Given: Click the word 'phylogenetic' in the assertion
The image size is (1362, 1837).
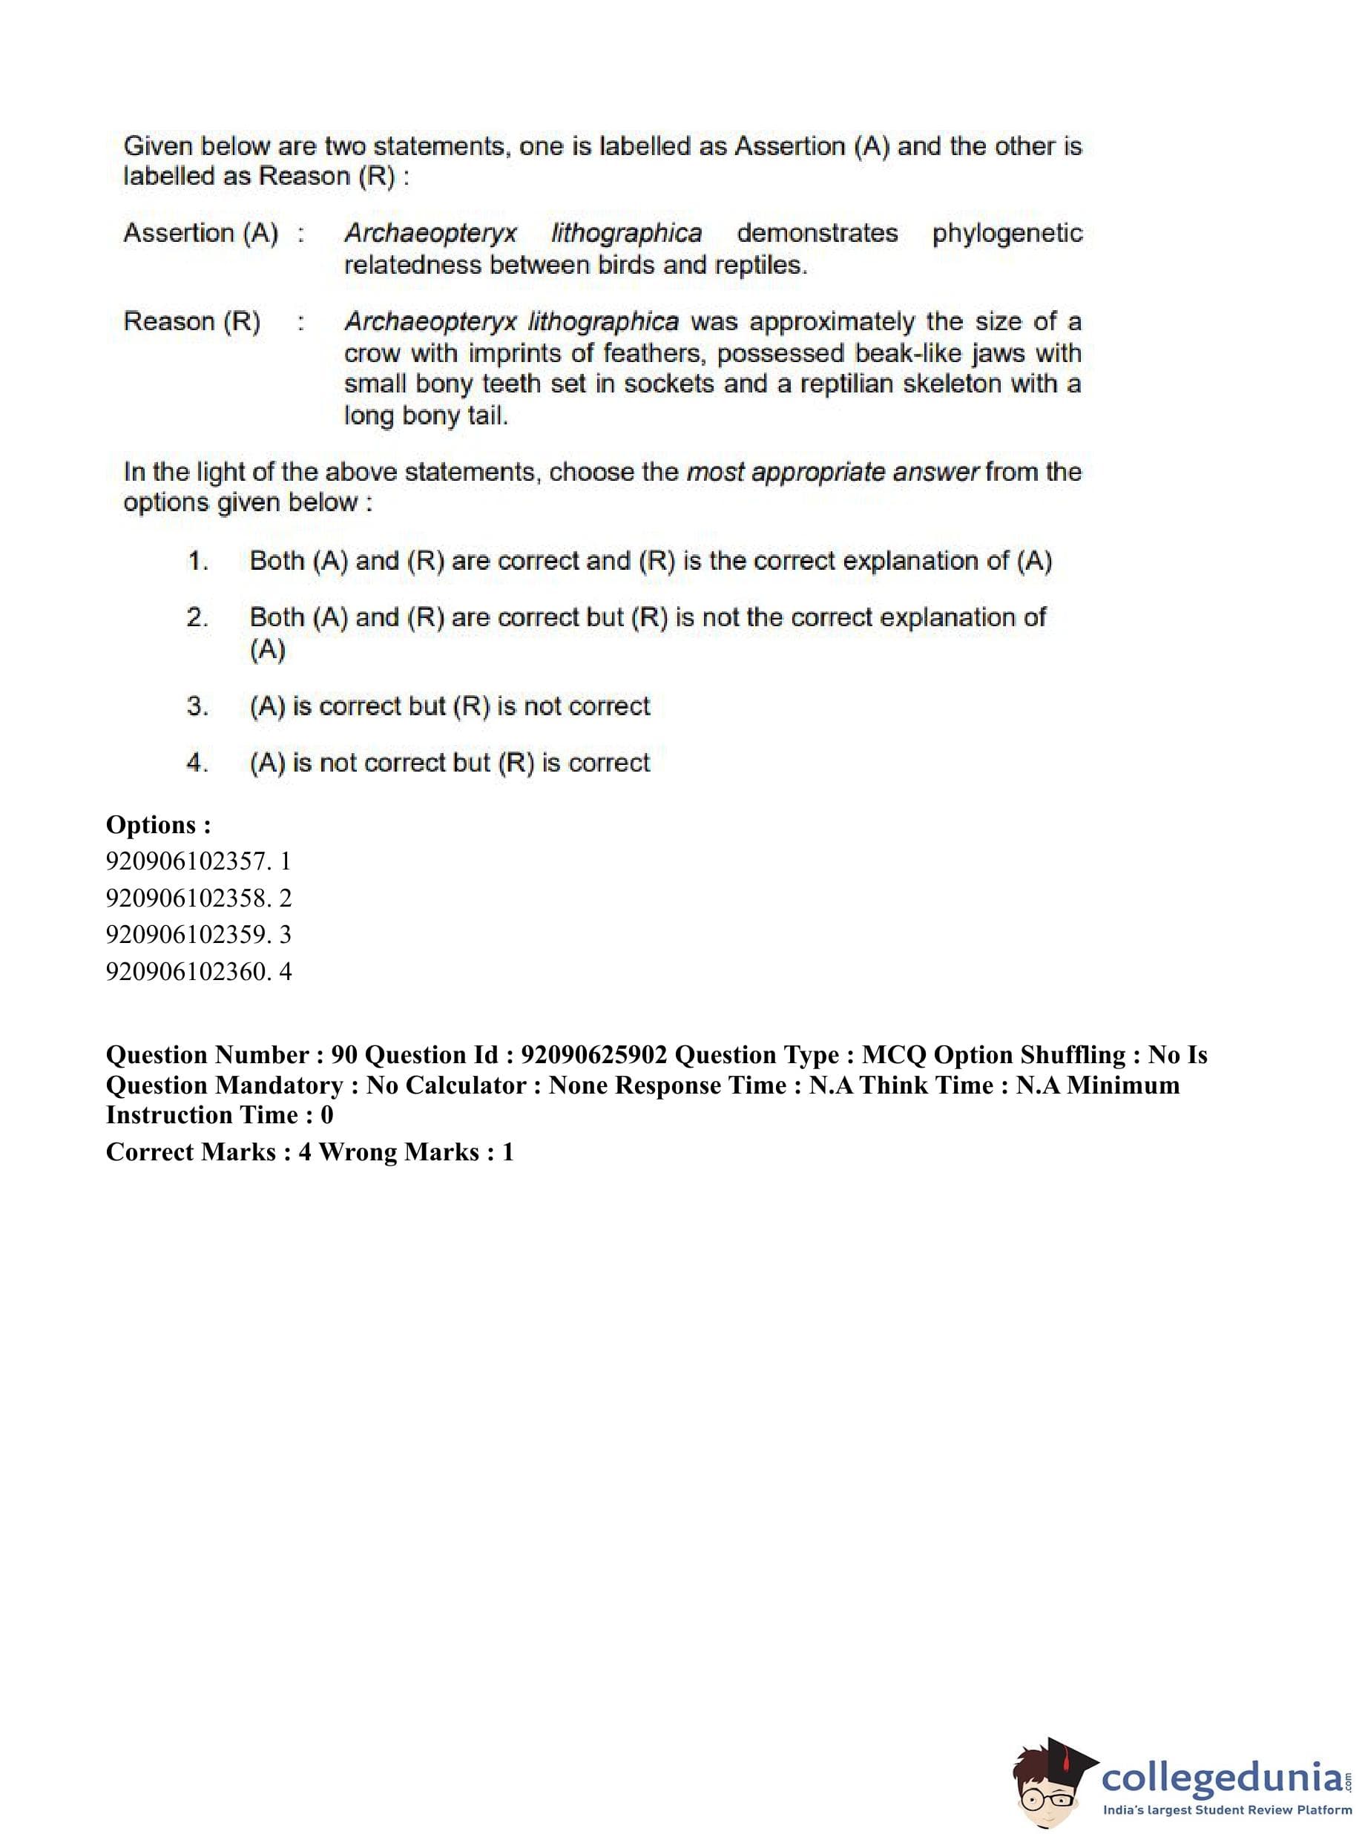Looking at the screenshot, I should [x=1007, y=234].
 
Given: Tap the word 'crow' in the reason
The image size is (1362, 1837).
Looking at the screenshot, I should [x=371, y=354].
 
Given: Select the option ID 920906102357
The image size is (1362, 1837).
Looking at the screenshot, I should [x=187, y=861].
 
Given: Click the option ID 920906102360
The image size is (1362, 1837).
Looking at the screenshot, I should [x=187, y=971].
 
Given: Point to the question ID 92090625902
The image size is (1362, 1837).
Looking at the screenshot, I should [x=593, y=1055].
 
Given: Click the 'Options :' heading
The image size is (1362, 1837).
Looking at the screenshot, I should [x=158, y=824].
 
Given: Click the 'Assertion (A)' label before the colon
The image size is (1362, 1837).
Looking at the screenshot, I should [x=201, y=234].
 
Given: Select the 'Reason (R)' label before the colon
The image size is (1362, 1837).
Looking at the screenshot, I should [x=192, y=321].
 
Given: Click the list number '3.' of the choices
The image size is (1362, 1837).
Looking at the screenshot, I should [x=197, y=706].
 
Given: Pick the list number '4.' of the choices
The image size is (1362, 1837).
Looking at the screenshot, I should [x=197, y=763].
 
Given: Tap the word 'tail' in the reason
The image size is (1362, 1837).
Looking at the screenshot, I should [x=487, y=415].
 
